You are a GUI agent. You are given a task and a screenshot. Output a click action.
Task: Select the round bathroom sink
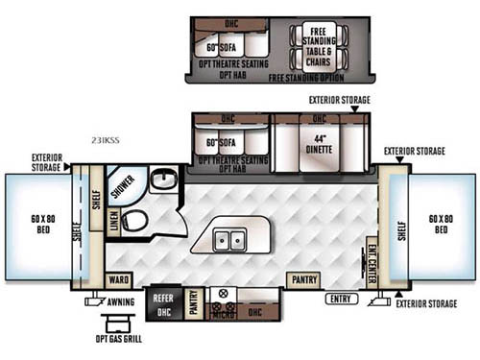[x=162, y=181]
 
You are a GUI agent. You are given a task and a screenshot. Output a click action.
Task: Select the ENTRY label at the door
[x=340, y=300]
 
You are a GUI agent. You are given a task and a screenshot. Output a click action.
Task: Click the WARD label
[x=118, y=280]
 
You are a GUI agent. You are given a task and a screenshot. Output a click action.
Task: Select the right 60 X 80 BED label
[x=441, y=227]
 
